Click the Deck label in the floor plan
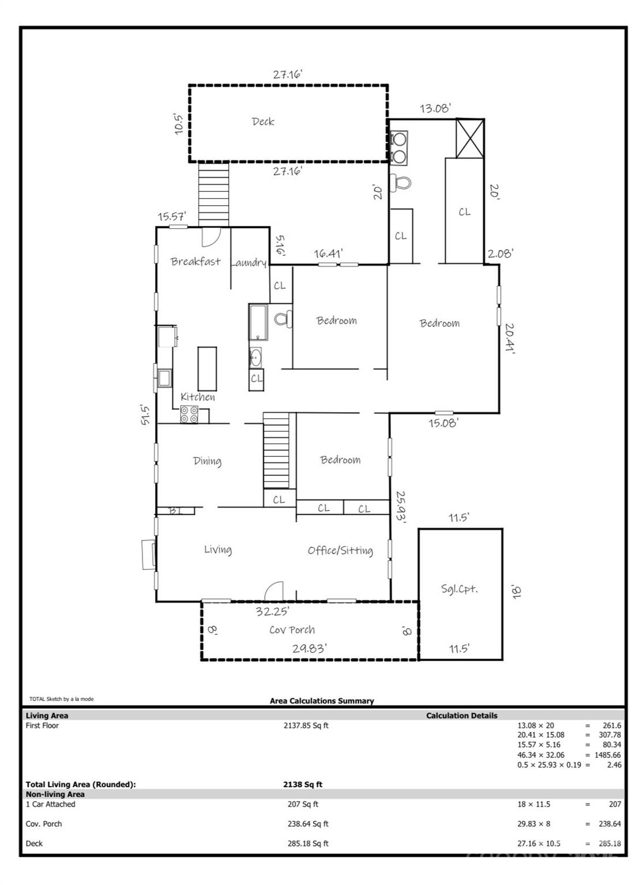click(263, 122)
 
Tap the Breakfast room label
click(195, 261)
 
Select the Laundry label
click(248, 262)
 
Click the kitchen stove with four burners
click(189, 414)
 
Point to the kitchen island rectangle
click(207, 369)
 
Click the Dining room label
click(207, 461)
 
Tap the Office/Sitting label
click(340, 550)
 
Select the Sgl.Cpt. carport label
click(460, 589)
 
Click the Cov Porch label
click(292, 630)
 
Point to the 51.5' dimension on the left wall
click(145, 414)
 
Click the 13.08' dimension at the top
click(435, 108)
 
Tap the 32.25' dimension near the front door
click(272, 611)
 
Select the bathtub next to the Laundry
click(258, 322)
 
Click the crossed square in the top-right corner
click(470, 139)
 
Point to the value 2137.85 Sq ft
click(306, 725)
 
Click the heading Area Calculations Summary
click(322, 701)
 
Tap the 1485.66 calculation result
click(608, 755)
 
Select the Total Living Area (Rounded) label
click(81, 784)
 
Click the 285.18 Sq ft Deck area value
click(308, 844)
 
